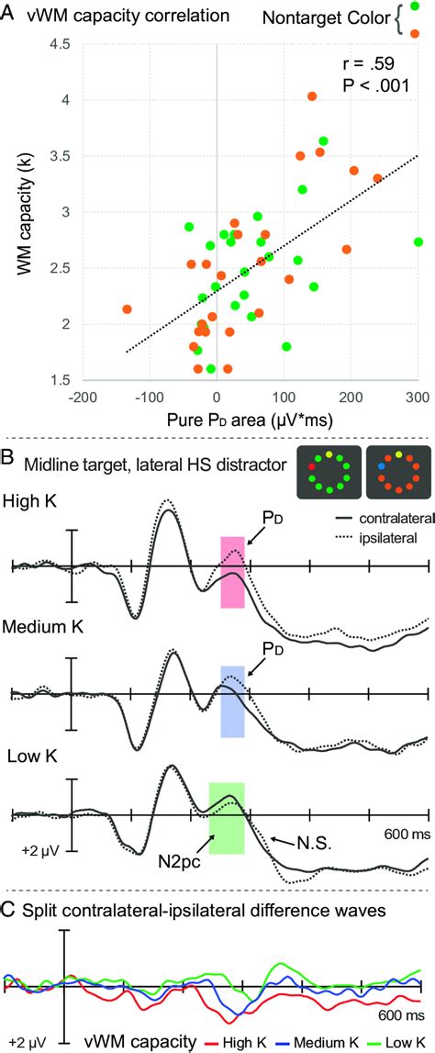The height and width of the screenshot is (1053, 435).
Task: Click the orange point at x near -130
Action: pos(127,309)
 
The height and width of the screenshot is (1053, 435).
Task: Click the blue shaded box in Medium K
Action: pos(232,676)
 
